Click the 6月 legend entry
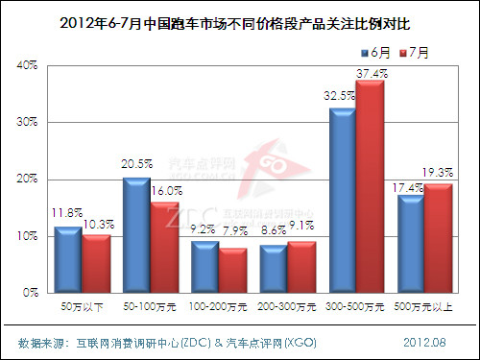click(x=377, y=50)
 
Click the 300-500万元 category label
click(x=356, y=306)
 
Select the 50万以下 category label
click(x=81, y=306)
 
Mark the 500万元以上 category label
click(x=425, y=306)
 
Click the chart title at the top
click(x=240, y=19)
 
